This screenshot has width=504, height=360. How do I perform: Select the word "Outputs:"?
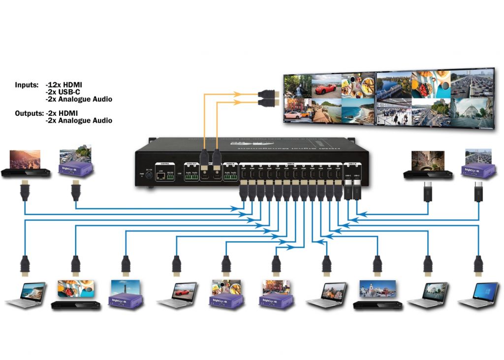(x=29, y=113)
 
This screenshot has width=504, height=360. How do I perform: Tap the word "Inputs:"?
(x=26, y=85)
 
